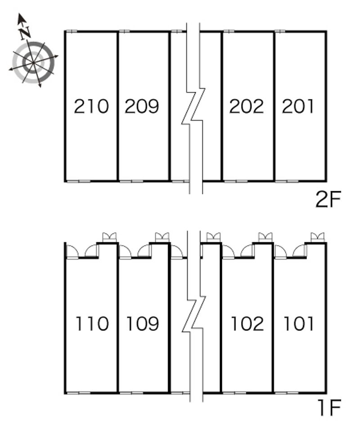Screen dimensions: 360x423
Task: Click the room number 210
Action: point(91,106)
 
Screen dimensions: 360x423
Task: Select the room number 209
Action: point(142,106)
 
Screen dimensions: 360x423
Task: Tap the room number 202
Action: point(247,106)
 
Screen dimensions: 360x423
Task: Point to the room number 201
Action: point(298,106)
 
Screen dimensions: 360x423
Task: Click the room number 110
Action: point(92,324)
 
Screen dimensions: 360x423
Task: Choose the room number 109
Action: point(143,324)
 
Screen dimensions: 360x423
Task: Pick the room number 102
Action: point(247,324)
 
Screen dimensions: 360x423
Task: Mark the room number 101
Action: point(299,324)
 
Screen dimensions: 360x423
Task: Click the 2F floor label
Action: point(328,199)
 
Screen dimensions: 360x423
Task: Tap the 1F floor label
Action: point(329,408)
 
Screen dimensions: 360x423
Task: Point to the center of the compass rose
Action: point(33,63)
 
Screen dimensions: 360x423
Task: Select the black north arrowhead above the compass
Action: point(22,18)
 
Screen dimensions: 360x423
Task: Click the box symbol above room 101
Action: point(318,238)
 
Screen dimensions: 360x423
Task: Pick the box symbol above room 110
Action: point(109,238)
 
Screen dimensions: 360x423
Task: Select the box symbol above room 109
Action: point(162,238)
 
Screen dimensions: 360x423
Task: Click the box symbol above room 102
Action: point(265,238)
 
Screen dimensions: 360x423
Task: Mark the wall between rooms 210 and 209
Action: point(118,106)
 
